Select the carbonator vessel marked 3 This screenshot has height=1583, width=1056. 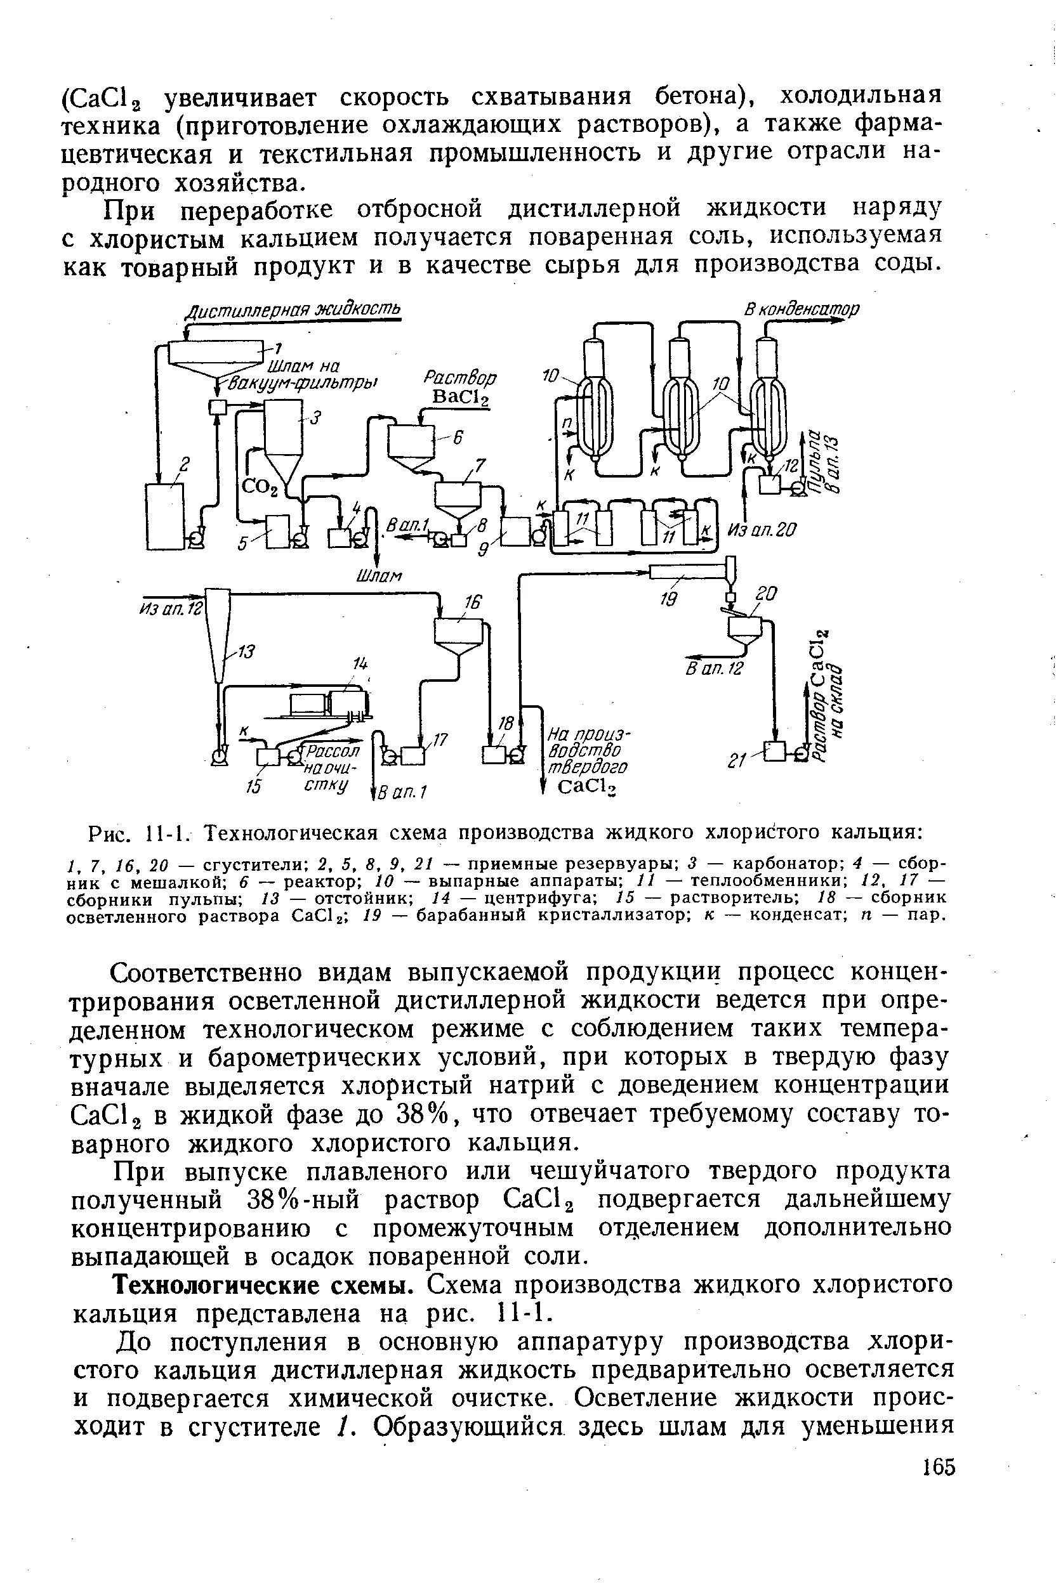tap(282, 438)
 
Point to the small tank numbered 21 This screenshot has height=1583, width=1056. tap(775, 751)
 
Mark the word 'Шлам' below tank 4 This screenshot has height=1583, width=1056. tap(378, 575)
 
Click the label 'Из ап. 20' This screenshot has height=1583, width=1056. tap(762, 530)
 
